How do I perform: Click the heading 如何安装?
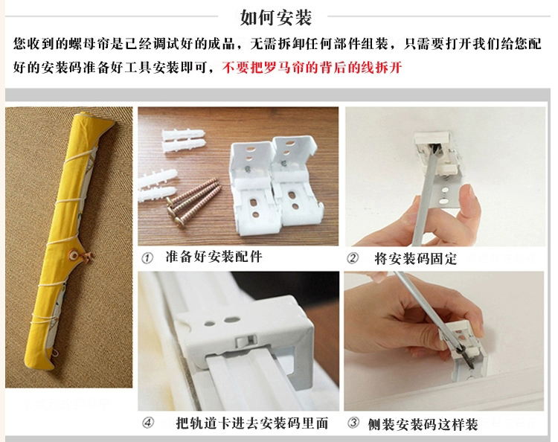276,17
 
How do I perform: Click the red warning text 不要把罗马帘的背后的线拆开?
312,67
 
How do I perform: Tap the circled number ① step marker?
147,258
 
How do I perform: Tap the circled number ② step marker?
353,258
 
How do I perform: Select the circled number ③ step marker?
353,423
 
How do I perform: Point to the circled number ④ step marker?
148,423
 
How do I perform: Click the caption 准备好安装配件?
214,257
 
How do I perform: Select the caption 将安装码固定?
415,259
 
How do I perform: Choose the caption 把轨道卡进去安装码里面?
252,423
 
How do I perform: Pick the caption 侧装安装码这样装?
423,424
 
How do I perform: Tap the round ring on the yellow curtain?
74,254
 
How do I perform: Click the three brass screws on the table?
193,202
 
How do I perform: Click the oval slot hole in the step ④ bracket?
231,320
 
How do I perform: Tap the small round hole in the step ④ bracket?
210,324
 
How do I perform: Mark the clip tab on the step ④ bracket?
246,342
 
